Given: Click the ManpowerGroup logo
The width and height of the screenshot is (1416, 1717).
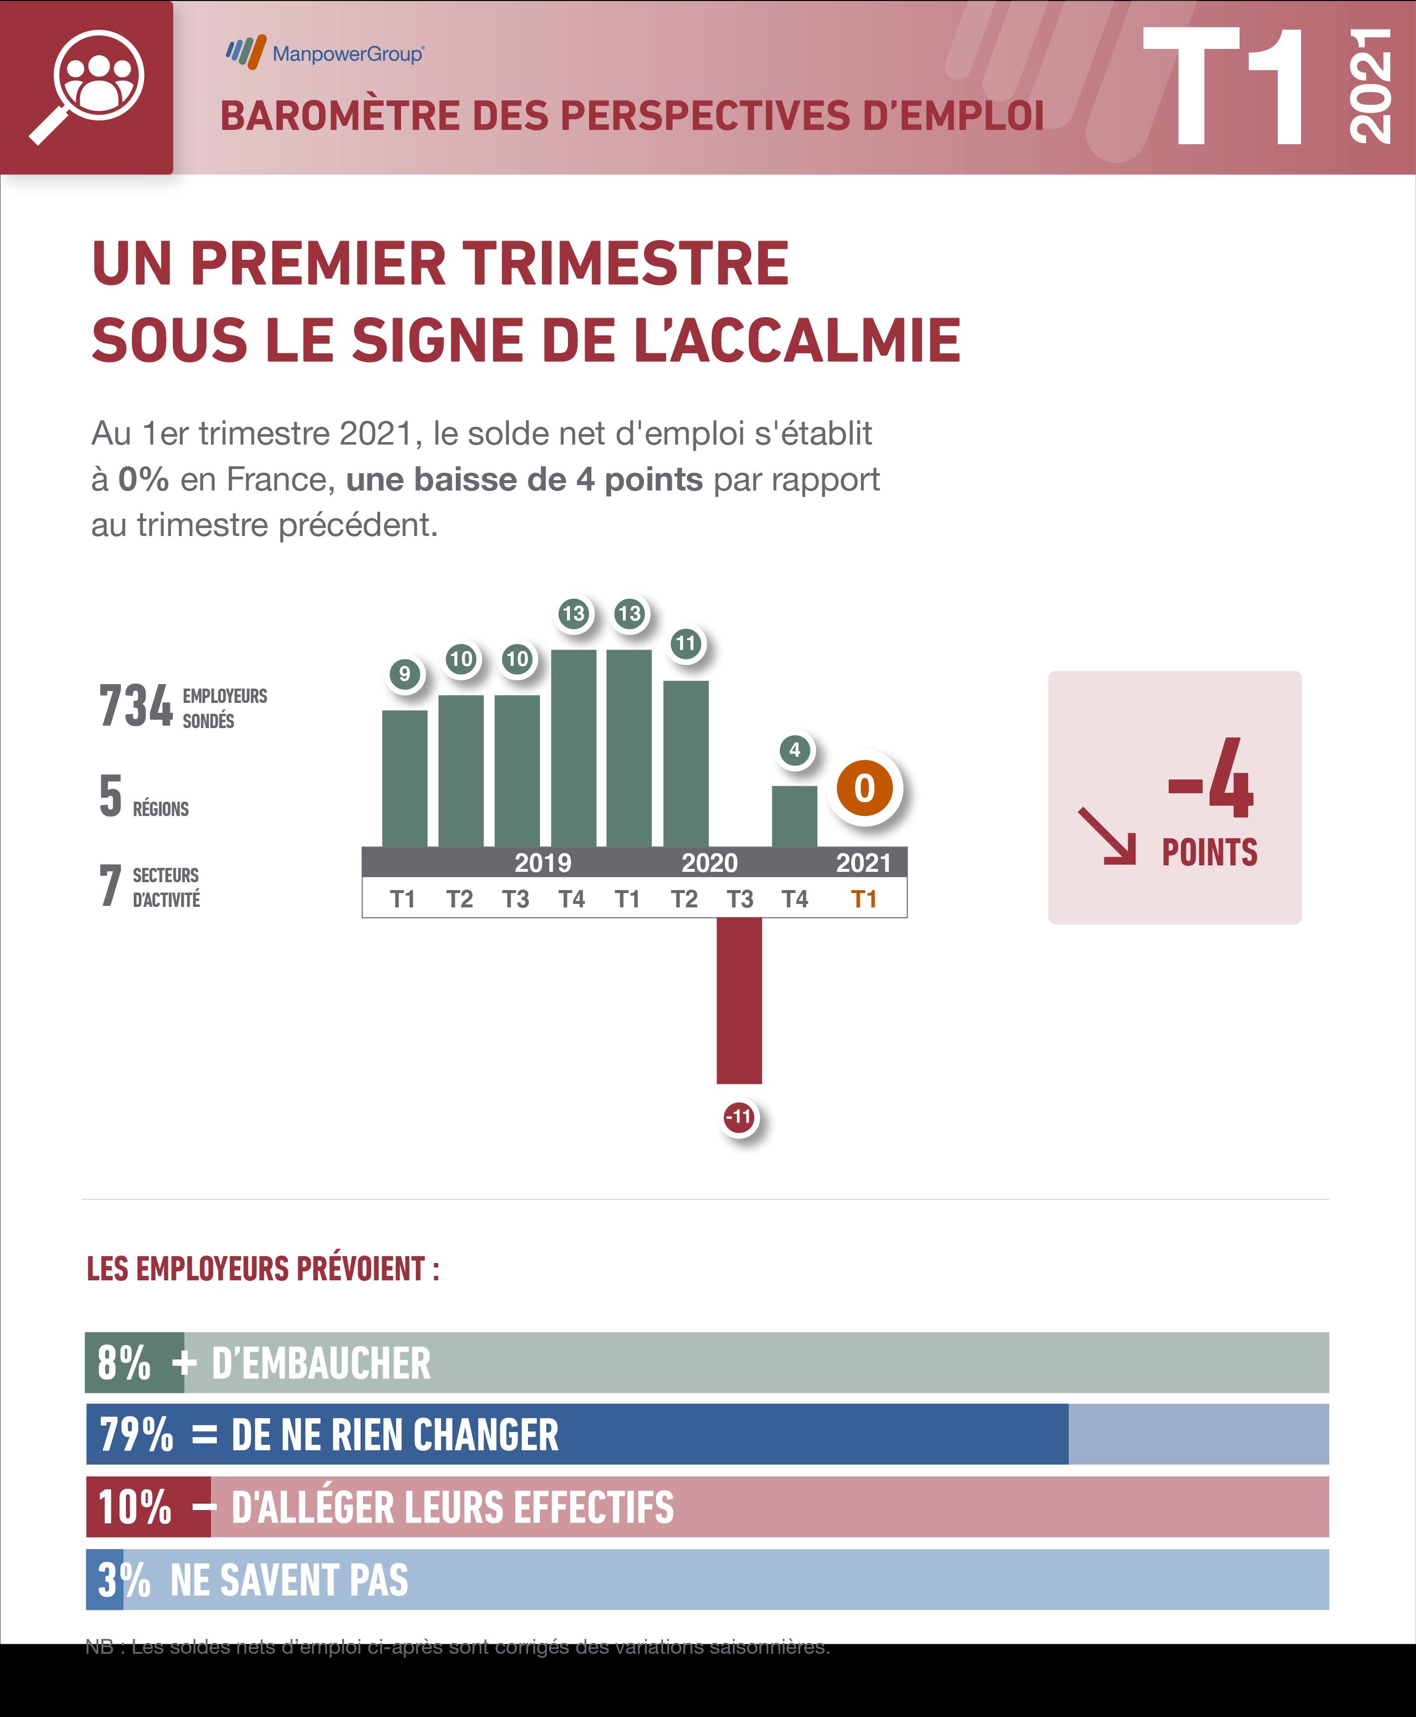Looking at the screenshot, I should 324,53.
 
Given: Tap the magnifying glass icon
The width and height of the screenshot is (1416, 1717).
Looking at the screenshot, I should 88,86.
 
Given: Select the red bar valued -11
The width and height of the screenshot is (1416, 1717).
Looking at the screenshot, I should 739,1000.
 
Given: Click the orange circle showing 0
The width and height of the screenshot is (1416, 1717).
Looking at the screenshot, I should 865,788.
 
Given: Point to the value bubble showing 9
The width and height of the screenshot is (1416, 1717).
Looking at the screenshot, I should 405,674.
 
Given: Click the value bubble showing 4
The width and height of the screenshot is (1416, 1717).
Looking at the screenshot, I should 795,750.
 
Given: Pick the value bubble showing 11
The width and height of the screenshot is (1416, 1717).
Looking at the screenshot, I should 686,644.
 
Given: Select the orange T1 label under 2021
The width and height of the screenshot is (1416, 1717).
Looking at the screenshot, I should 864,899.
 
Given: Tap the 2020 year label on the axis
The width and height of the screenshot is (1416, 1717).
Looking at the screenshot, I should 709,862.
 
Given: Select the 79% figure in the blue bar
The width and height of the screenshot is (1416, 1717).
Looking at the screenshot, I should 136,1434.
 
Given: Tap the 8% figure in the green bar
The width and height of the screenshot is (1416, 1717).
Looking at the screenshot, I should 124,1362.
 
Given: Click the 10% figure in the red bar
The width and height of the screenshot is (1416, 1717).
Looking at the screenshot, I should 134,1507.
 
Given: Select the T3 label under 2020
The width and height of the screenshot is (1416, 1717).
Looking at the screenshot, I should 740,899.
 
